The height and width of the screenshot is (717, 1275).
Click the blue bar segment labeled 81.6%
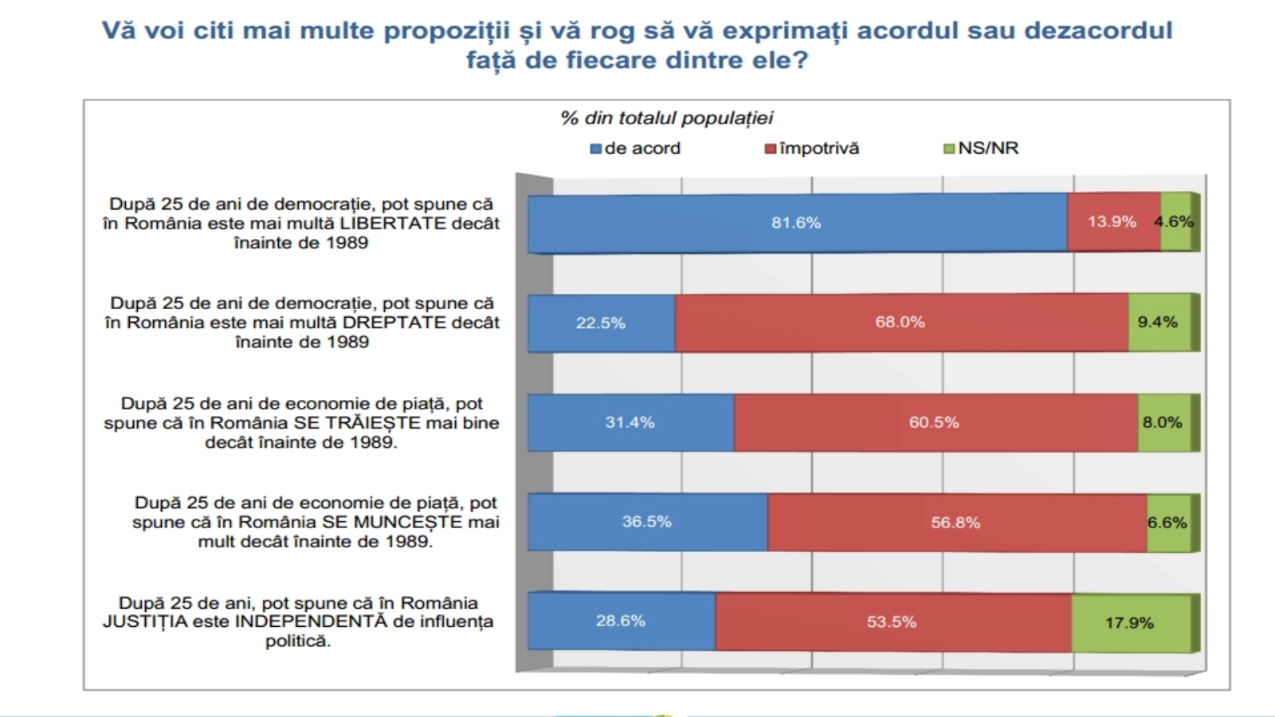click(x=797, y=223)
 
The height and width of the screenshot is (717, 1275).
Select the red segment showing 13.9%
click(x=1113, y=222)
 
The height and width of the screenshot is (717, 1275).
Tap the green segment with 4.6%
click(x=1175, y=222)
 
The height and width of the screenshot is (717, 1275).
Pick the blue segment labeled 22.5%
click(x=601, y=323)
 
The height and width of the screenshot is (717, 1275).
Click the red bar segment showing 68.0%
click(x=900, y=323)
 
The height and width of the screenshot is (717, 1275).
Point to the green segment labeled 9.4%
click(x=1159, y=323)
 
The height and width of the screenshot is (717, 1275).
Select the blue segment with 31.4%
click(x=630, y=422)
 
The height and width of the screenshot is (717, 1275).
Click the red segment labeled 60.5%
click(x=935, y=422)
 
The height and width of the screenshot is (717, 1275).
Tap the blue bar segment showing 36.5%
click(x=647, y=522)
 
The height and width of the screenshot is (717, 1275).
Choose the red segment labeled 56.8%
click(x=956, y=523)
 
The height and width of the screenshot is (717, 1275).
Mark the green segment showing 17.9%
click(x=1130, y=623)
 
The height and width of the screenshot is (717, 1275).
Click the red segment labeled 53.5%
click(x=892, y=622)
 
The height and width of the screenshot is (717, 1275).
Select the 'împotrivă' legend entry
click(x=812, y=148)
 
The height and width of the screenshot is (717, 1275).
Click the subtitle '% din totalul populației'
click(x=666, y=119)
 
